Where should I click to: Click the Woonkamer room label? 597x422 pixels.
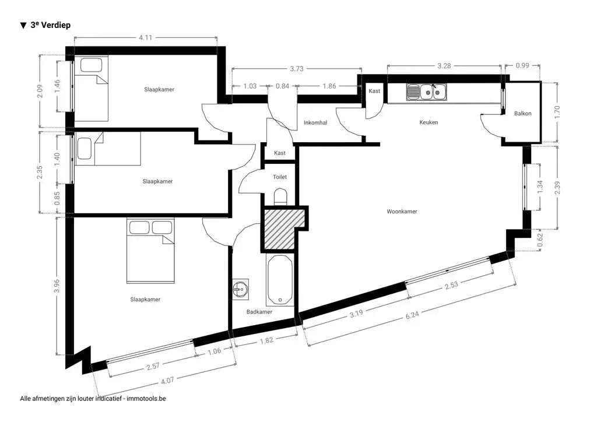402,212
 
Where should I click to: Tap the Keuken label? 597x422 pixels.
429,122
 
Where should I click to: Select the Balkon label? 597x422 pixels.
522,114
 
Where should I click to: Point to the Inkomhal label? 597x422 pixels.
315,122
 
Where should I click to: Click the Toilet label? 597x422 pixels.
279,177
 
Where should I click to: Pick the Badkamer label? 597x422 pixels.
259,312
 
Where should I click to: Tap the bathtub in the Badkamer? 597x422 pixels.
280,280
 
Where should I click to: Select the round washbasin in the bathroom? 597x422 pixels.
240,290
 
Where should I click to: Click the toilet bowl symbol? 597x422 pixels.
280,198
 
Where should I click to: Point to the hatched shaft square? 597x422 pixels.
282,229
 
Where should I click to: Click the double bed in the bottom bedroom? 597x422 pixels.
150,251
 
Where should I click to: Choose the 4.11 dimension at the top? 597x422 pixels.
145,37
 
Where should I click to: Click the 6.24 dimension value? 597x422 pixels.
412,315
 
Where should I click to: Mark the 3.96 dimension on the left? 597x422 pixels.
57,286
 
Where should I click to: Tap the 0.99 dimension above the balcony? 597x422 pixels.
522,65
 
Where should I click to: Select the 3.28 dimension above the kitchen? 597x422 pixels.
444,66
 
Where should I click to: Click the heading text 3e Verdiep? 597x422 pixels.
50,25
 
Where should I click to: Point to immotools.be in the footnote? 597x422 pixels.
146,399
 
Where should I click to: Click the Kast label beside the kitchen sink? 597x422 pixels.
374,92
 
